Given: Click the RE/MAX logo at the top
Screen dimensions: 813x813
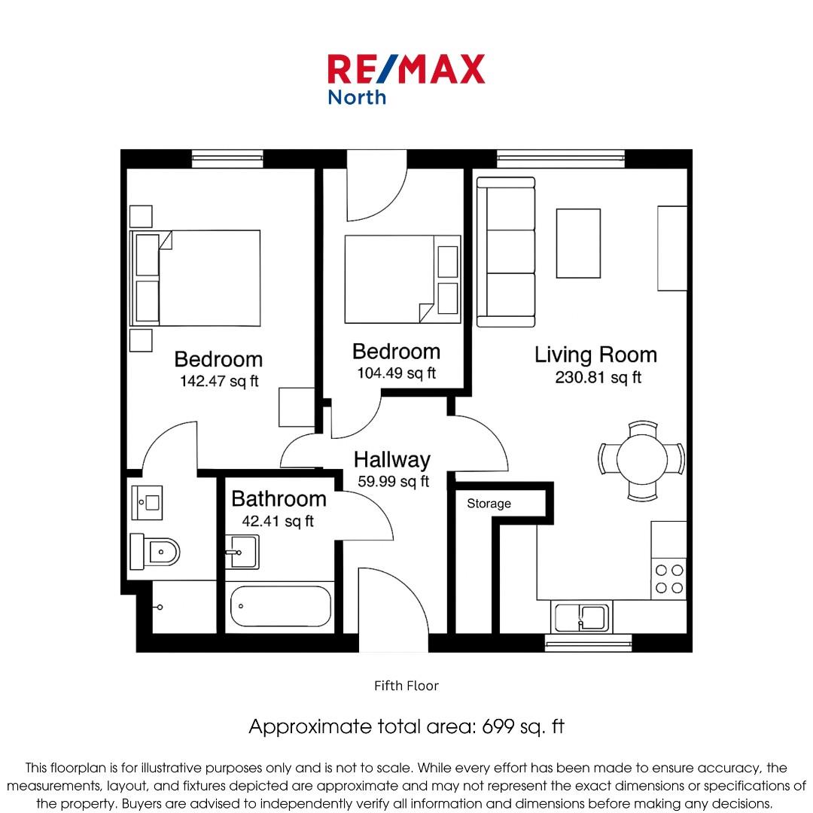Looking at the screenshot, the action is tap(406, 69).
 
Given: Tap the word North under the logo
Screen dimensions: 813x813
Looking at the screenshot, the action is tap(357, 97).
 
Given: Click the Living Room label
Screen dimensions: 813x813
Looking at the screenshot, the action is tap(595, 355).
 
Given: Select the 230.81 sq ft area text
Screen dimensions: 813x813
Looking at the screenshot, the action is tap(598, 377).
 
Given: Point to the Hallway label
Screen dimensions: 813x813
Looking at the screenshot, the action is tap(392, 460).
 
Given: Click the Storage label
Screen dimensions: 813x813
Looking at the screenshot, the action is tap(489, 504).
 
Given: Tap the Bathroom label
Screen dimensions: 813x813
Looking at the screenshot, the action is tap(279, 499).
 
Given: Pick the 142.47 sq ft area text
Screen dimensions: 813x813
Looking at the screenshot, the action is tap(219, 381).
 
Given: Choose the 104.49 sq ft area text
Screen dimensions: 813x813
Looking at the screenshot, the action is tap(396, 373).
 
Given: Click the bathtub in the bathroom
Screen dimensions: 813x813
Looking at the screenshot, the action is tap(281, 606).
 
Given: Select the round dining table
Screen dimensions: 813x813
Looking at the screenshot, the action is tap(642, 459).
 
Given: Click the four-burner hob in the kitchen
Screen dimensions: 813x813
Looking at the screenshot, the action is tap(669, 579).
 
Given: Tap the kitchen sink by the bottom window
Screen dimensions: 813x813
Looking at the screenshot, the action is tap(581, 617).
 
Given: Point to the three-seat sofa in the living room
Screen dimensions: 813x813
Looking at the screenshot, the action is tap(506, 252).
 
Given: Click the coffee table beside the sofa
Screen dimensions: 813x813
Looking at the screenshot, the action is tap(578, 243).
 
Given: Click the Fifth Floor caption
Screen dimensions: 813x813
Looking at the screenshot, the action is tap(406, 686).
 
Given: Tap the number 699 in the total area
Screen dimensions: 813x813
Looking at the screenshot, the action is tap(498, 726).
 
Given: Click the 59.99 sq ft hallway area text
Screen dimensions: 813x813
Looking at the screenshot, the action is tap(394, 482).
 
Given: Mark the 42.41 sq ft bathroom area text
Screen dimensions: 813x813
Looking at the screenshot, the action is tap(278, 521).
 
